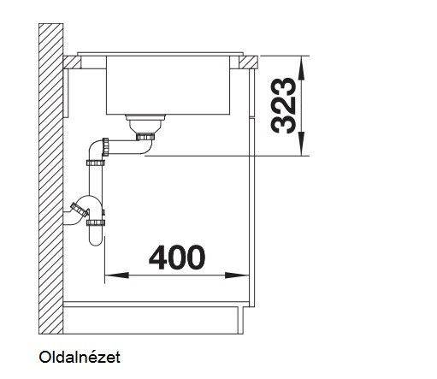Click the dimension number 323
click(284, 105)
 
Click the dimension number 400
click(177, 258)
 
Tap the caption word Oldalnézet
click(80, 357)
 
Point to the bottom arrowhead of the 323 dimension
click(301, 145)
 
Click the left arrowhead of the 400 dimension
click(116, 275)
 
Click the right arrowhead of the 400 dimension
click(237, 275)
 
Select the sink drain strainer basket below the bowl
click(145, 123)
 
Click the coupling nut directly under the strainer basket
click(145, 137)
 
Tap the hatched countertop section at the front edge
click(248, 62)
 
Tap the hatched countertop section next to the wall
click(72, 62)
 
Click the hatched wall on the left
click(50, 179)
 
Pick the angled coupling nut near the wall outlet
click(80, 210)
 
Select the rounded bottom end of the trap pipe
click(96, 241)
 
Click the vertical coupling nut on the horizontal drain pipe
click(105, 147)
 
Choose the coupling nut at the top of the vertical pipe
click(96, 163)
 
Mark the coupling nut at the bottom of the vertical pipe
click(96, 222)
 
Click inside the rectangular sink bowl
click(168, 85)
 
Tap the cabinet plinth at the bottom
click(153, 320)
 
